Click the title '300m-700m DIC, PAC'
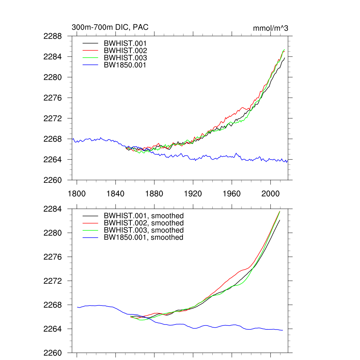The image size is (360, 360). coord(110,27)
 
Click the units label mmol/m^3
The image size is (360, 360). coord(271,28)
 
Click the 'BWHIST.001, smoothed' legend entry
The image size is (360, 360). coord(144,216)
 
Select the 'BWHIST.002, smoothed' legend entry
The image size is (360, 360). coord(144,223)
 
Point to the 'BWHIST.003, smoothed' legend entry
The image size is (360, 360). coord(144,230)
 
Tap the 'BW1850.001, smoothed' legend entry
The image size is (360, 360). coord(144,237)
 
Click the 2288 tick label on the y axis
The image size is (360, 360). coord(53,36)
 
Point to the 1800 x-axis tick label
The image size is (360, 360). coord(77,194)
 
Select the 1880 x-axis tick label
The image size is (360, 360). coord(154,194)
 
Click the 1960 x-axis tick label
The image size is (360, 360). coord(232,194)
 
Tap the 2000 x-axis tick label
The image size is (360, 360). coord(270,194)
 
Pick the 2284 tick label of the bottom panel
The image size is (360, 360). coord(53,209)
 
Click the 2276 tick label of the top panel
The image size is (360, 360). coord(53,98)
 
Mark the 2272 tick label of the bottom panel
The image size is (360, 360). coord(53,281)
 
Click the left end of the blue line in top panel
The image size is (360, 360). coord(72,139)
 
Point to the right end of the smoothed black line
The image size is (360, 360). coord(280,220)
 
